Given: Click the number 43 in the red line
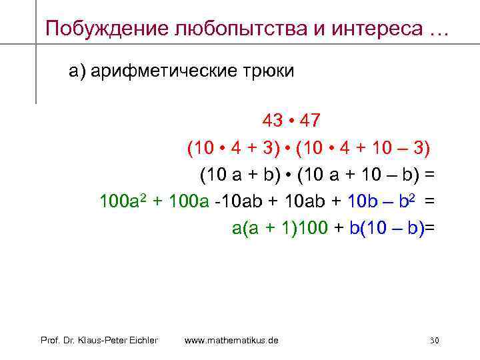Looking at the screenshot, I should pos(271,121).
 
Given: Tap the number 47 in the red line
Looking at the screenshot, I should pos(310,121).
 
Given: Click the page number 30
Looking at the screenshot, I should pos(434,341).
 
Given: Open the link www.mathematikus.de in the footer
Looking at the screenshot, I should pos(231,341).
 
